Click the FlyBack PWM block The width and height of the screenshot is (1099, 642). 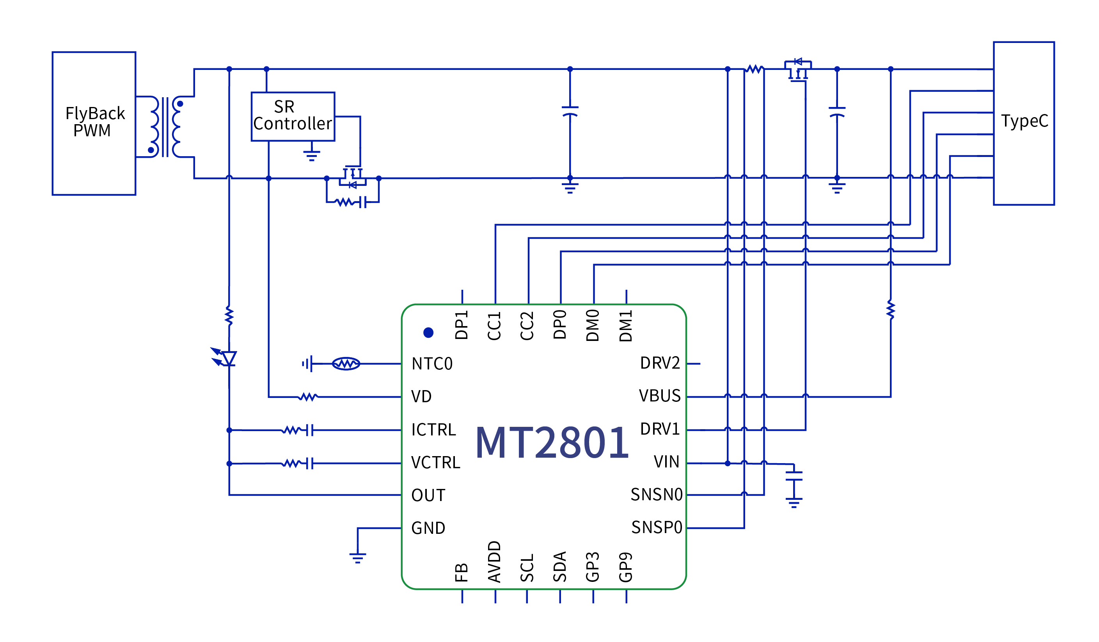pos(94,123)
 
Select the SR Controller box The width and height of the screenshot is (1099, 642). pos(293,116)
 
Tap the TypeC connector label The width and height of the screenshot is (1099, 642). pos(1024,121)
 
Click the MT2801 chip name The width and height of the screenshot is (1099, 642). pos(552,443)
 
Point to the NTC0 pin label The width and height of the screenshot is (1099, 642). pos(432,364)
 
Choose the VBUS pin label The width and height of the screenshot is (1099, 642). pos(659,396)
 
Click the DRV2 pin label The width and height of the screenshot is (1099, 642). pos(659,363)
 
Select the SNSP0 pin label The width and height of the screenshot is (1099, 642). pos(656,527)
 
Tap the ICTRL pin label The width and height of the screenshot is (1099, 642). pos(433,430)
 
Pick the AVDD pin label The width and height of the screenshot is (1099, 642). pos(494,562)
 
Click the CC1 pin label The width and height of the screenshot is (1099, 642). pos(494,326)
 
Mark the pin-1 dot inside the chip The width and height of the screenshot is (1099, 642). pos(428,333)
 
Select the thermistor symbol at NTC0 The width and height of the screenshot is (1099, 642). pos(346,364)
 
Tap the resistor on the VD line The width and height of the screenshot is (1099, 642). pos(308,397)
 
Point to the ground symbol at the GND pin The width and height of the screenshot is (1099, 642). pos(358,557)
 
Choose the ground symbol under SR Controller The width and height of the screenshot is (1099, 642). pos(311,155)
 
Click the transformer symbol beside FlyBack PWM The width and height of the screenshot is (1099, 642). pos(165,127)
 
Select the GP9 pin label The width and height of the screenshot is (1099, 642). pos(626,567)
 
